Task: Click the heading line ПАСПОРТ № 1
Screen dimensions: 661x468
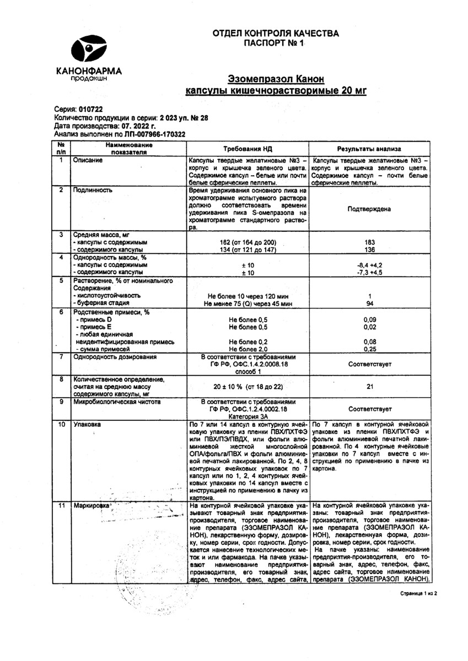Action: pos(275,42)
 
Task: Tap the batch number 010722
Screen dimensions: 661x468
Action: pos(90,110)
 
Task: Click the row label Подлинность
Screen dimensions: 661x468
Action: pos(93,190)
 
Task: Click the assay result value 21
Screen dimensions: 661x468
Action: pos(369,387)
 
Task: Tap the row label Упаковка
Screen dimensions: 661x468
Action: pos(88,425)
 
